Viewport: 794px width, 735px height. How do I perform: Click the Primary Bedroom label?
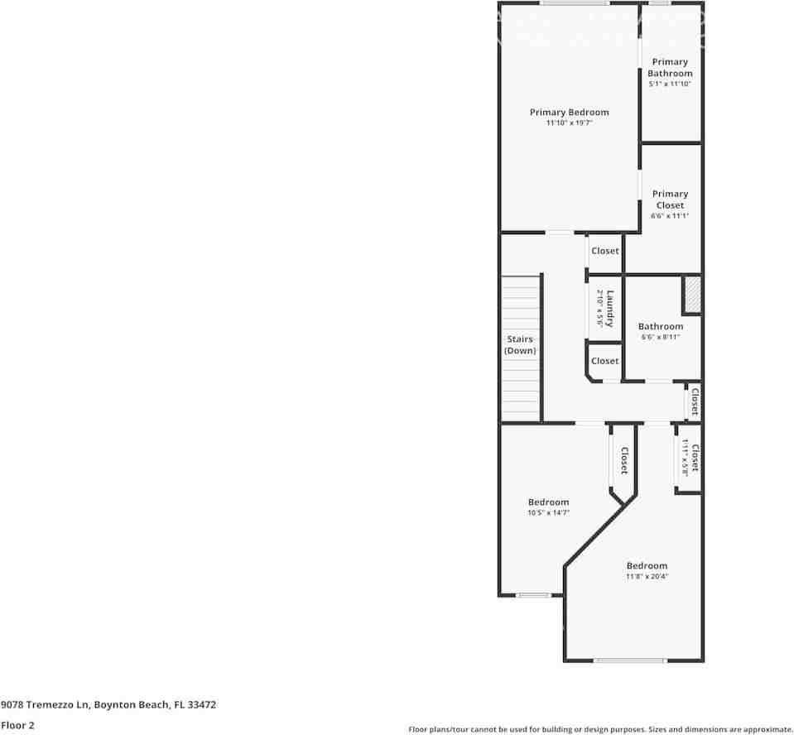coord(569,113)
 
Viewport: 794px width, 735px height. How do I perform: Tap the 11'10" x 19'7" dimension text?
coord(569,123)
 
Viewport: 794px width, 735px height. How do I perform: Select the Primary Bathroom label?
coord(670,67)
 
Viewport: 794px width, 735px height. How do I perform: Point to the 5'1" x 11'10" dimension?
coord(670,84)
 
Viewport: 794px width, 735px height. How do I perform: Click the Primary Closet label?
coord(670,199)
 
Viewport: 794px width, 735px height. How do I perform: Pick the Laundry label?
coord(610,309)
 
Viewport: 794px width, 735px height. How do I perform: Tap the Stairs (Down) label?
coord(520,344)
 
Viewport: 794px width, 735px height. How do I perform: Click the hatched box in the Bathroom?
coord(691,295)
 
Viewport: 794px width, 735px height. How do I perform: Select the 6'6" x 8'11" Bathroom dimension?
coord(660,337)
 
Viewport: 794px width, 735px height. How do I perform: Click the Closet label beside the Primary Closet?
coord(604,251)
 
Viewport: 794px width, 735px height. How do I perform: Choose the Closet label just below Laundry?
coord(604,361)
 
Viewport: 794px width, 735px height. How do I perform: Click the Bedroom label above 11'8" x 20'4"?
coord(647,566)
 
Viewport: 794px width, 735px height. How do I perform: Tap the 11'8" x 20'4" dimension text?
coord(647,577)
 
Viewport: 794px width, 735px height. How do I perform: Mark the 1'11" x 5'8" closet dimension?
coord(686,458)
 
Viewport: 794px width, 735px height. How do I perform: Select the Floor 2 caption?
coord(18,725)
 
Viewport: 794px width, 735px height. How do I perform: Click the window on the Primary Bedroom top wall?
coord(570,3)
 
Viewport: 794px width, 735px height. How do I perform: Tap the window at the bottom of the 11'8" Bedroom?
coord(630,661)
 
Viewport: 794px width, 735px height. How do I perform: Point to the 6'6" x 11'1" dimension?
coord(670,216)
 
